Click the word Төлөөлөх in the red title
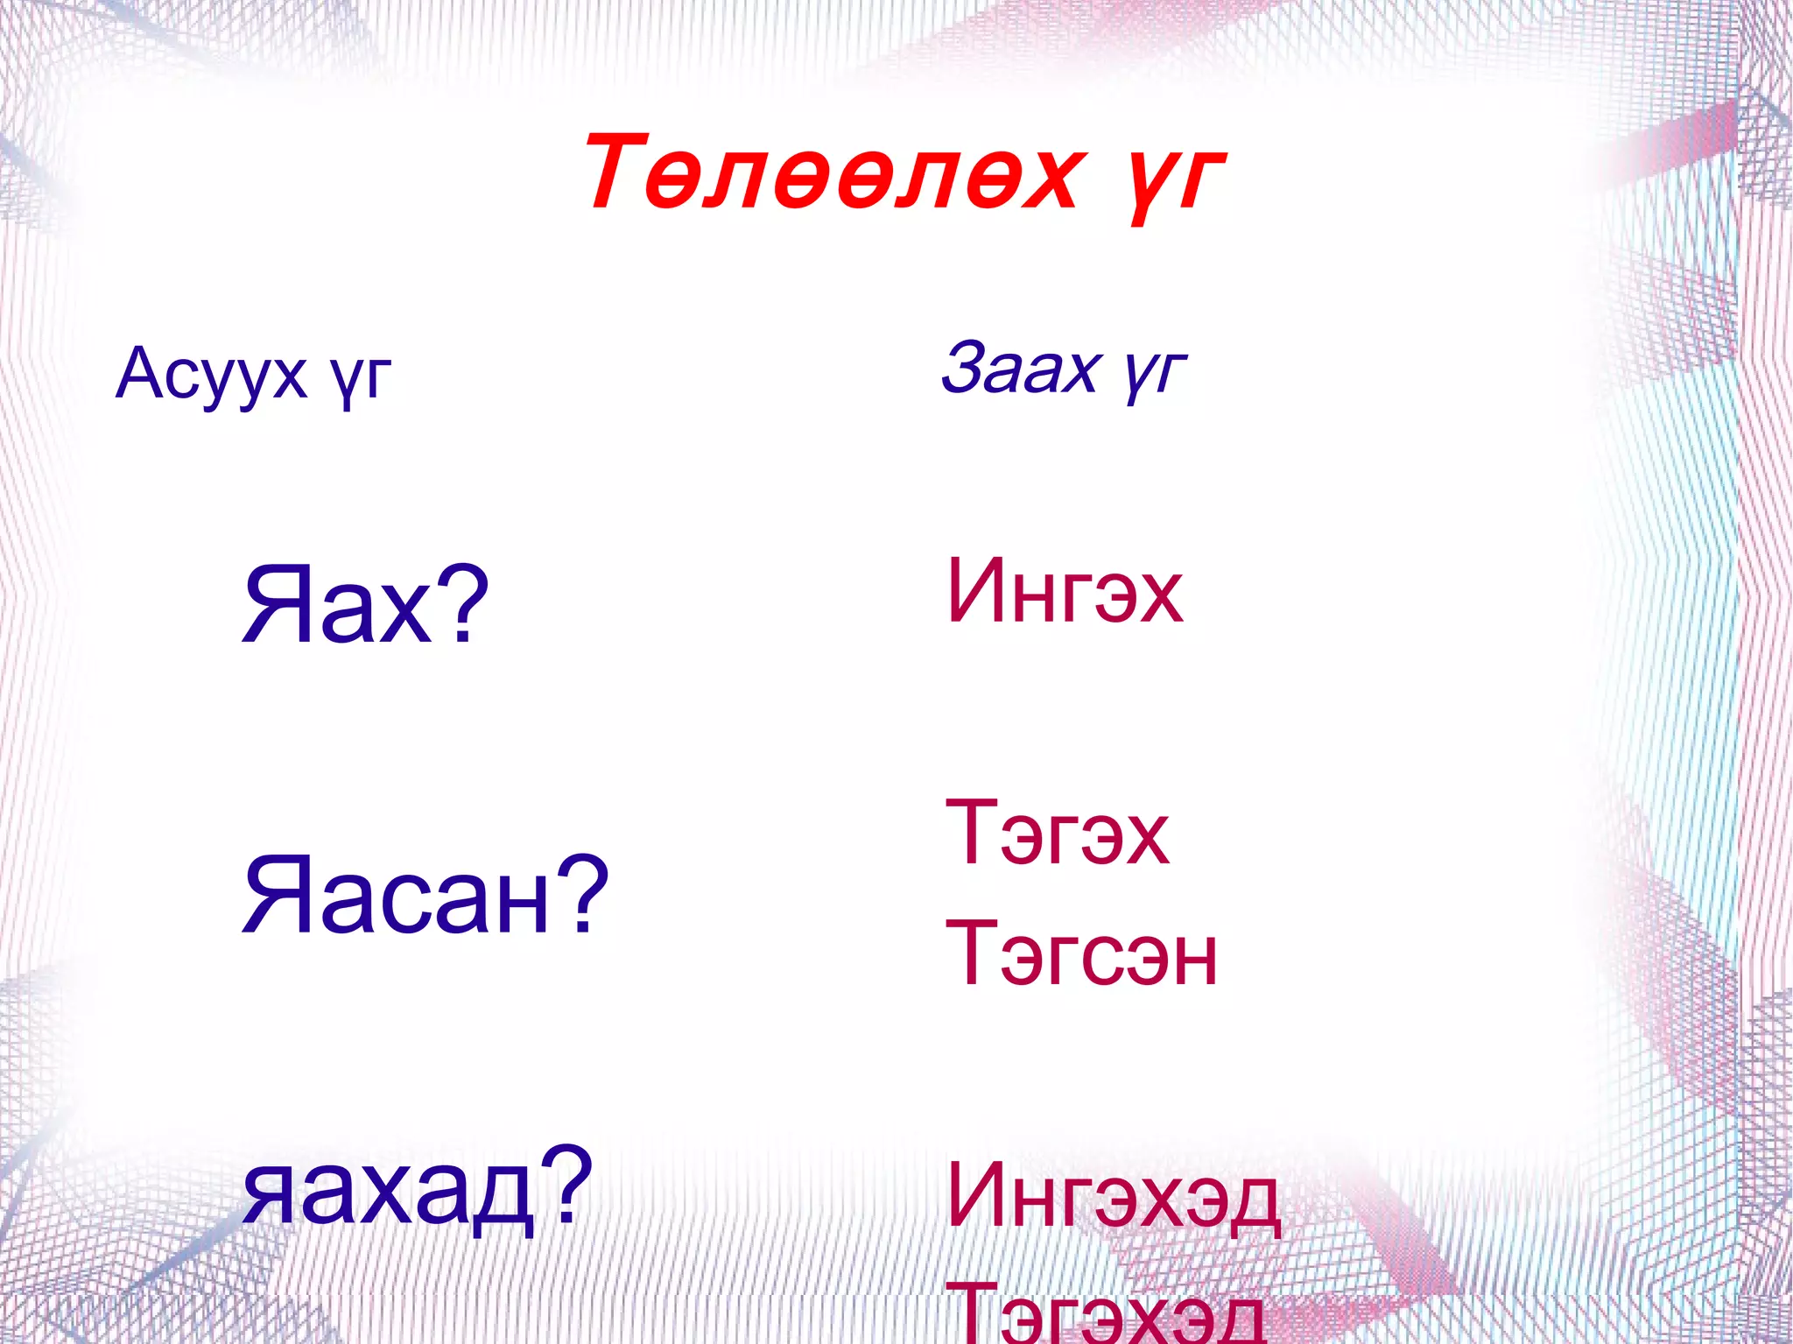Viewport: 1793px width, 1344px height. tap(832, 173)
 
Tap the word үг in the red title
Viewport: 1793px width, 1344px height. tap(1171, 179)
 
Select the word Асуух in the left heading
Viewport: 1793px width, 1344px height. tap(211, 374)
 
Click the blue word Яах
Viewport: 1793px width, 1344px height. tap(337, 604)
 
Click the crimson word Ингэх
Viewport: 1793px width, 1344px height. tap(1065, 592)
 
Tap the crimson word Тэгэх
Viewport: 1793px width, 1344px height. tap(1058, 834)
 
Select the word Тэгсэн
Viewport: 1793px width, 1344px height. tap(1082, 954)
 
